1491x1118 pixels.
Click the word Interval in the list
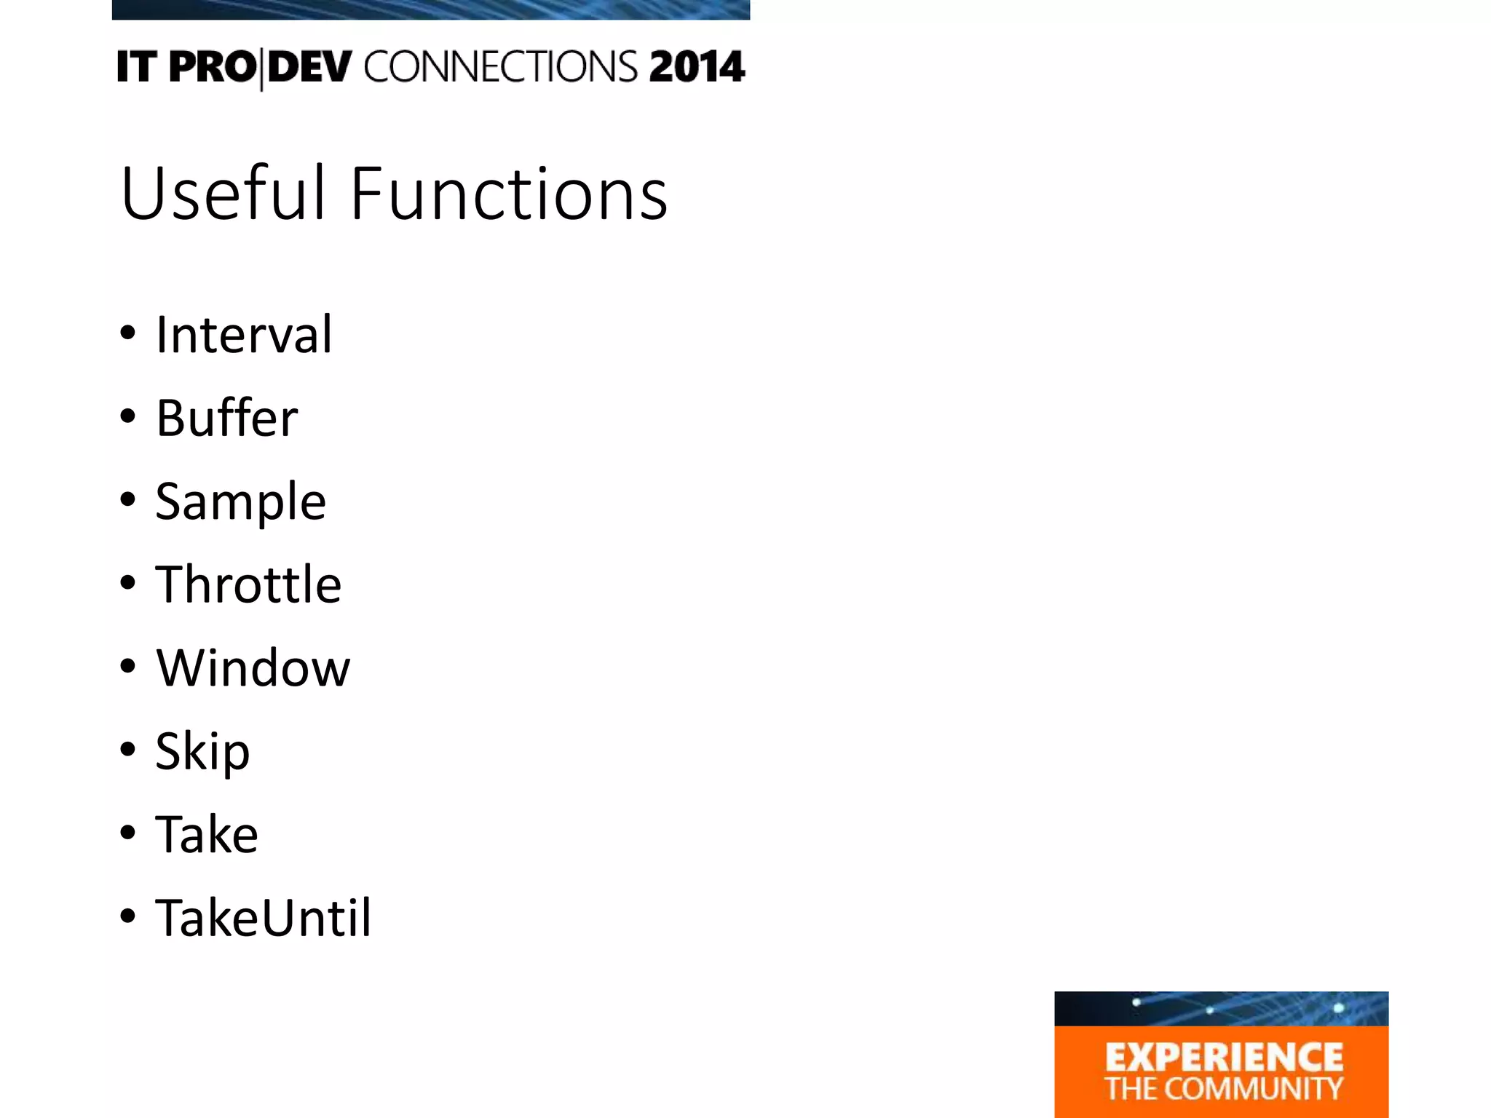tap(244, 334)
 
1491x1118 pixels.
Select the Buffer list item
tap(226, 418)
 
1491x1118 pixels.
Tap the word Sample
tap(240, 501)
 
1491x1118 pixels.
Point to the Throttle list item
tap(248, 584)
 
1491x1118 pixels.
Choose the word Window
tap(253, 667)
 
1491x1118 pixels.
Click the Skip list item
tap(202, 751)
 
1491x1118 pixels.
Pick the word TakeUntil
tap(263, 917)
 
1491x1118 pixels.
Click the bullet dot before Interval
tap(128, 333)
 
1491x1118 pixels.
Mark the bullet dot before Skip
tap(128, 749)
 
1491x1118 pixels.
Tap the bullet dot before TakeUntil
tap(128, 916)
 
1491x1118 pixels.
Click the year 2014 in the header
tap(697, 67)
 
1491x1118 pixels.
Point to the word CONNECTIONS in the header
tap(501, 67)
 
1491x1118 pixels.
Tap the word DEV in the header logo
tap(310, 67)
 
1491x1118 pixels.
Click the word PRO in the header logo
tap(213, 67)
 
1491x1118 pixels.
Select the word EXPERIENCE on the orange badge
tap(1224, 1057)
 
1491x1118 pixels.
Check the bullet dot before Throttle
tap(128, 582)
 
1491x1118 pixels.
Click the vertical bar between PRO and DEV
tap(261, 68)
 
